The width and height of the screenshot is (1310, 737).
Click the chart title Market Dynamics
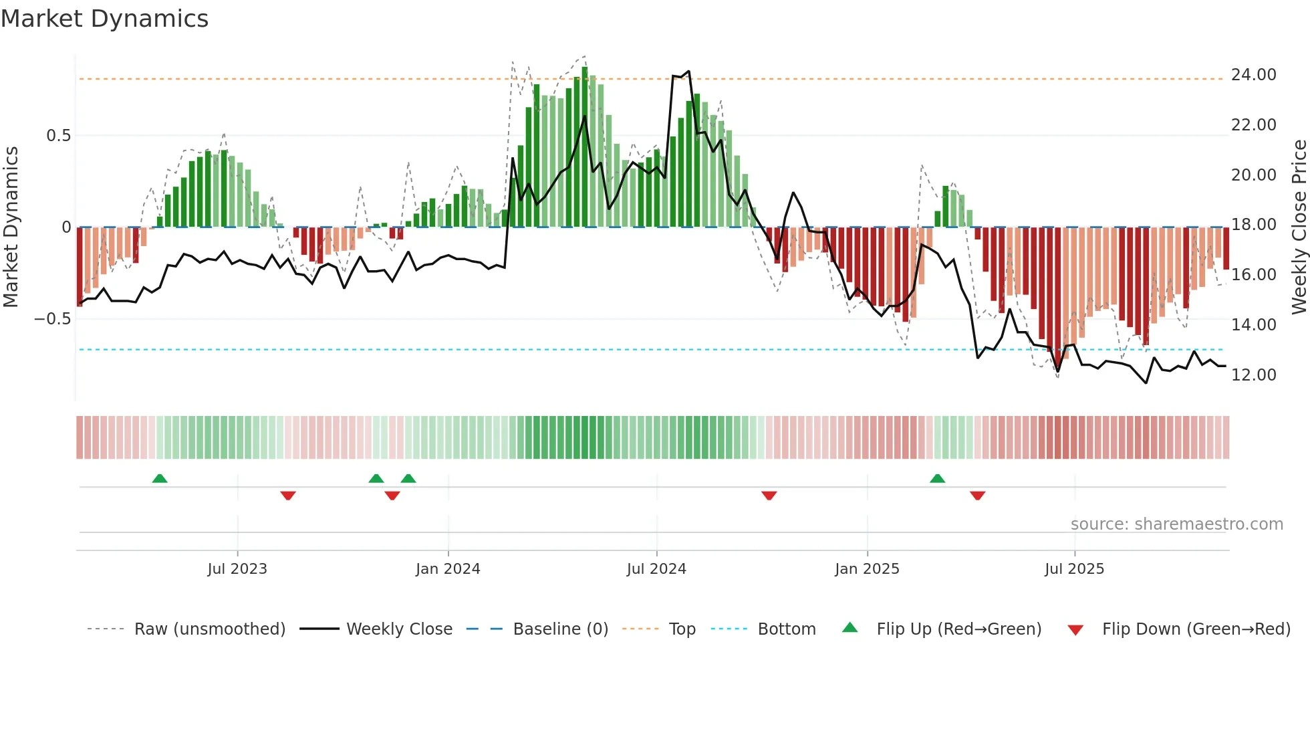[x=104, y=19]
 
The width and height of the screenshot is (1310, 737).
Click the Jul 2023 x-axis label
[x=237, y=569]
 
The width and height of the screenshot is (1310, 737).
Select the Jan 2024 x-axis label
[x=448, y=569]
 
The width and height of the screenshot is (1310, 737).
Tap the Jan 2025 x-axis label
[x=867, y=569]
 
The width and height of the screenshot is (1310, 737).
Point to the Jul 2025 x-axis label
[x=1074, y=569]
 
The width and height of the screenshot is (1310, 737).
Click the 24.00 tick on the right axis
[x=1253, y=75]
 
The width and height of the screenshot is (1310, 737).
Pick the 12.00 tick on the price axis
[x=1253, y=375]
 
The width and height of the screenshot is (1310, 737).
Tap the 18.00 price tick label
[x=1253, y=225]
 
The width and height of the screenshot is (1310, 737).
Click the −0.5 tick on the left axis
[x=52, y=319]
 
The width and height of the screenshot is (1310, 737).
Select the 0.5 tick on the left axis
[x=58, y=136]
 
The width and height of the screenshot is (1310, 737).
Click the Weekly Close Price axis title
[x=1299, y=227]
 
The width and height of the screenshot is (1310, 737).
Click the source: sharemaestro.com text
[x=1176, y=524]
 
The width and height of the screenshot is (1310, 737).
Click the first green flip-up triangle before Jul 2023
[x=160, y=479]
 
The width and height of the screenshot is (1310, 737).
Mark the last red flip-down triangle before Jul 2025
[x=977, y=496]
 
